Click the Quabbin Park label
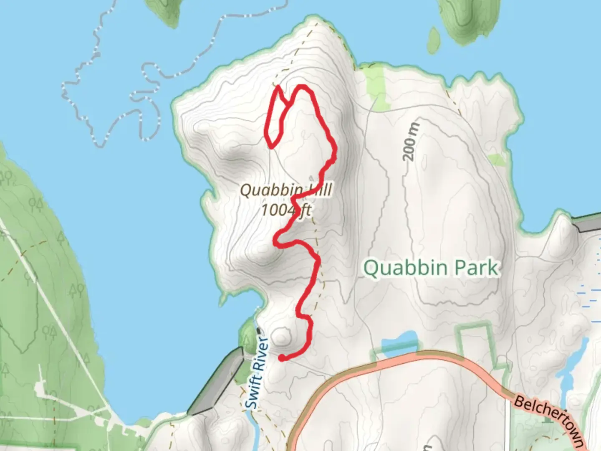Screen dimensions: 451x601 [431, 268]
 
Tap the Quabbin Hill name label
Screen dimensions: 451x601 [286, 190]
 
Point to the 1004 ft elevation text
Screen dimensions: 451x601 [286, 210]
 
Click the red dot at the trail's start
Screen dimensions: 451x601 [282, 358]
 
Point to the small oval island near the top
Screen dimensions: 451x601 [434, 41]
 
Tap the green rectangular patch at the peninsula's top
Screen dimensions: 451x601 [375, 89]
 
